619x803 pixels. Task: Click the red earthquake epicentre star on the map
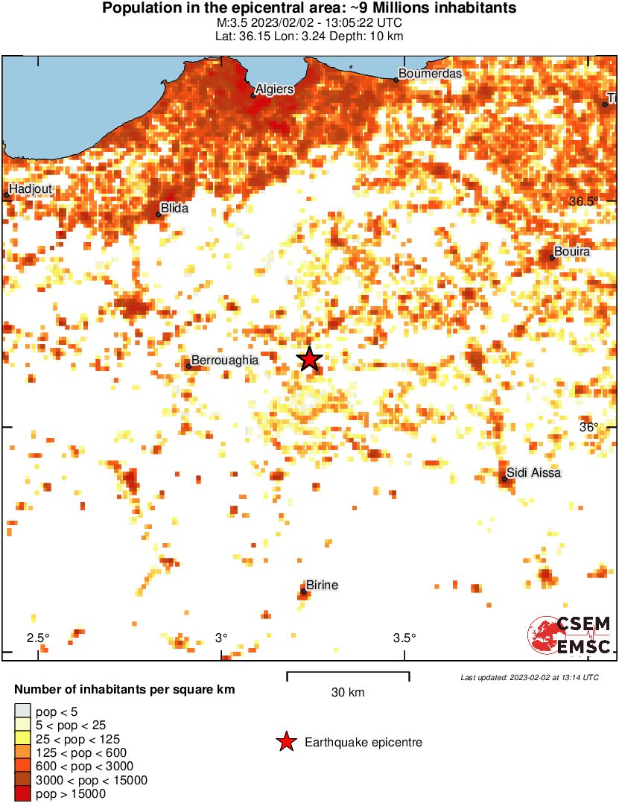click(x=310, y=360)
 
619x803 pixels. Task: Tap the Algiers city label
click(x=274, y=89)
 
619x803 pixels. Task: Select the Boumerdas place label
click(x=430, y=74)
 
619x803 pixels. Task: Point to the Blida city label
click(x=174, y=209)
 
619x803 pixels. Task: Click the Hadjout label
click(x=31, y=189)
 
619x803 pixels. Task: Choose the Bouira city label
click(x=572, y=252)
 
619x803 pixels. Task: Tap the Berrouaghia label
click(x=225, y=360)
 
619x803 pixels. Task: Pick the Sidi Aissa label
click(x=533, y=473)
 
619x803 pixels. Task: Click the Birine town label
click(x=323, y=585)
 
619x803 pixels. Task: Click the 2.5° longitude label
click(x=38, y=638)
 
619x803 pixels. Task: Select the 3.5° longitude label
click(x=404, y=638)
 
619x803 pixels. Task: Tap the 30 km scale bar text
click(x=348, y=693)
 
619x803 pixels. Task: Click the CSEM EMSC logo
click(x=570, y=635)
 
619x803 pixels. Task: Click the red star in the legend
click(x=285, y=742)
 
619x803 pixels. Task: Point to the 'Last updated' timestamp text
click(x=529, y=677)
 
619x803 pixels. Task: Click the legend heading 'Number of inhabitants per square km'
click(x=125, y=690)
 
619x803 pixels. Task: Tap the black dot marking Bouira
click(x=553, y=258)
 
